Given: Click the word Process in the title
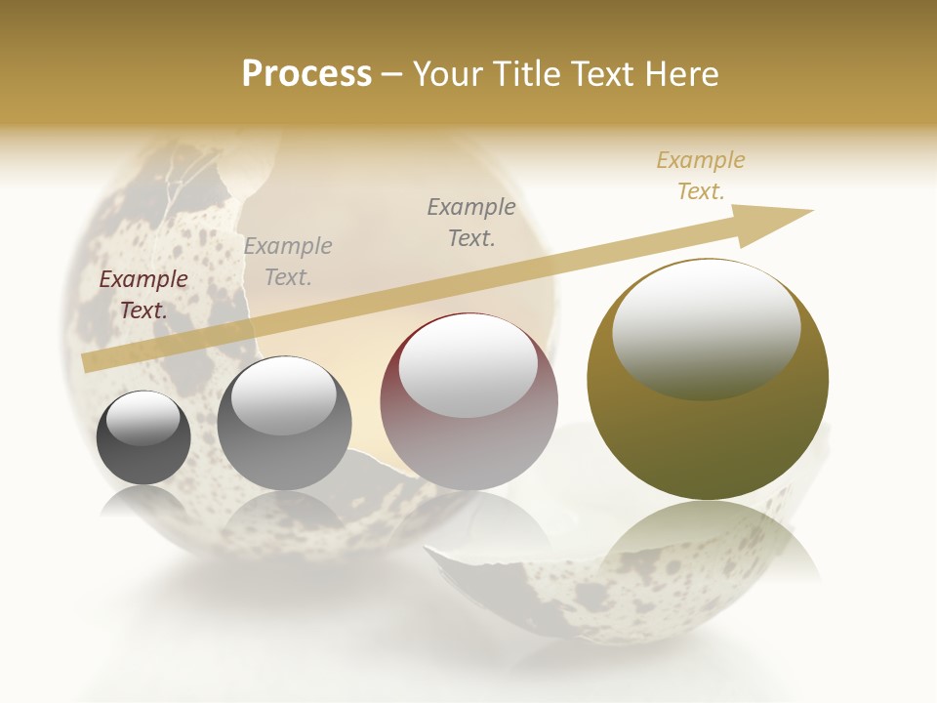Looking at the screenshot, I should click(x=306, y=73).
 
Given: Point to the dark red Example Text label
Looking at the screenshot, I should click(x=143, y=294).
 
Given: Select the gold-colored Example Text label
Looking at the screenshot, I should click(x=701, y=175).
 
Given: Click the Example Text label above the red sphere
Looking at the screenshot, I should click(x=471, y=222).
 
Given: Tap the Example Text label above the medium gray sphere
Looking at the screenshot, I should click(x=288, y=261).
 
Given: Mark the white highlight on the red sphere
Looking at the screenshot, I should click(x=468, y=367).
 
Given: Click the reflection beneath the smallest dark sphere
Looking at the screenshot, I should click(x=143, y=503).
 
